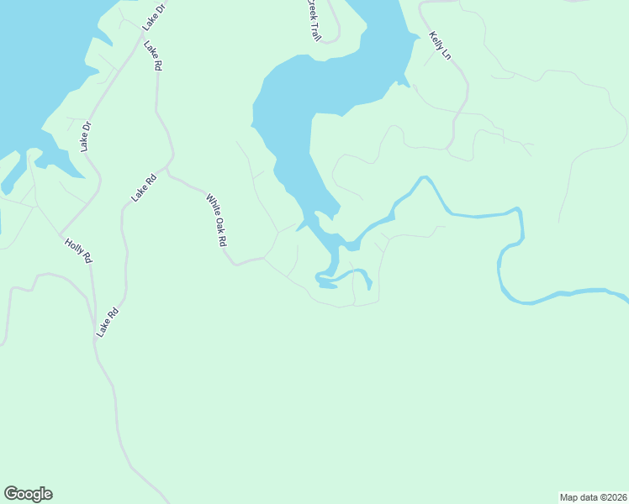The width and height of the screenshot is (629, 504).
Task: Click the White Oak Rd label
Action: point(217,220)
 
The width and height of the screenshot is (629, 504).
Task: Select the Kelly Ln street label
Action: point(441,45)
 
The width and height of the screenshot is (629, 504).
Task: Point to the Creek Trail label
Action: point(313,20)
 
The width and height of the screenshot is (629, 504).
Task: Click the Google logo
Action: point(28,494)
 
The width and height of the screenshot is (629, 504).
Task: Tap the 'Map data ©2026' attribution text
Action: point(593,496)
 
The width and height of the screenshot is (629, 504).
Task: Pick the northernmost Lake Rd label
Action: point(152,55)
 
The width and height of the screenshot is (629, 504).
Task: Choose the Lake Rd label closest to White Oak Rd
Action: point(145,186)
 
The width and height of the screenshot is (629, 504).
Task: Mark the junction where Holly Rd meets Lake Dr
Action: point(59,234)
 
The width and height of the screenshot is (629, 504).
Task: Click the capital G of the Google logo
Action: point(11,493)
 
